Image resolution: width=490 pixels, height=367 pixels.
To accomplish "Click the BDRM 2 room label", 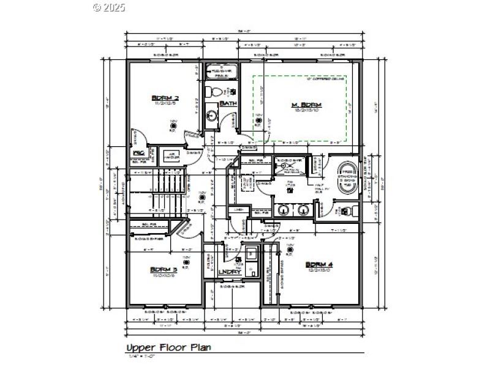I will pos(164,98).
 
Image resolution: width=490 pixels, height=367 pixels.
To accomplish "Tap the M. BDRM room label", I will pos(306,105).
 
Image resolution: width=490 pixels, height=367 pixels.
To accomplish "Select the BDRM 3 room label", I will pos(164,269).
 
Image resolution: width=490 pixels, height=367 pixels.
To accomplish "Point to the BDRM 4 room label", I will pos(319,264).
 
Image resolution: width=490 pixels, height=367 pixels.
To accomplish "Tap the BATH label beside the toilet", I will pos(228,103).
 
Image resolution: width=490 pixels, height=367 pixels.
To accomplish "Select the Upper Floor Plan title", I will pos(168,347).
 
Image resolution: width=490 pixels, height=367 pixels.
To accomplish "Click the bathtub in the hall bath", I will pos(221,73).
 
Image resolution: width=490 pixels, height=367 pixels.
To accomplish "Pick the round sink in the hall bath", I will pos(210,115).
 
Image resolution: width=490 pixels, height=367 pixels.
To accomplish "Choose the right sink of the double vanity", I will pos(302,210).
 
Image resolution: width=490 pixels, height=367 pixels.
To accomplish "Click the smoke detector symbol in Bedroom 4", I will pos(289,250).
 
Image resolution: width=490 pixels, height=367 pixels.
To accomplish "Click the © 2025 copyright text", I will pos(109,7).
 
